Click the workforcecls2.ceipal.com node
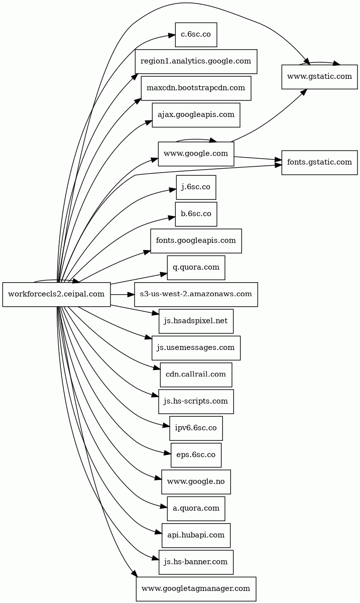coord(56,294)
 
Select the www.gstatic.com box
coord(319,77)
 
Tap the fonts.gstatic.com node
coord(319,162)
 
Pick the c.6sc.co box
coord(196,35)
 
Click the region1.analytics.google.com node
coord(196,61)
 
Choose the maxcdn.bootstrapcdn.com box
coord(196,88)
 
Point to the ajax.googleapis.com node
coord(196,115)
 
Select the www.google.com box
coord(196,154)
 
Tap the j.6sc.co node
coord(196,187)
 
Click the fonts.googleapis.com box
coord(196,240)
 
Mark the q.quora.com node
coord(196,268)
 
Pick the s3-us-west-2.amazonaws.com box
coord(196,294)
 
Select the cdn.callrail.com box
coord(196,375)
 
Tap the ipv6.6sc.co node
coord(196,428)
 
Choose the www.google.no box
coord(196,481)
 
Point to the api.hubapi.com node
coord(196,535)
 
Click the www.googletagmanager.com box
coord(196,589)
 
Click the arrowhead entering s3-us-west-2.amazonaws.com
coord(131,294)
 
